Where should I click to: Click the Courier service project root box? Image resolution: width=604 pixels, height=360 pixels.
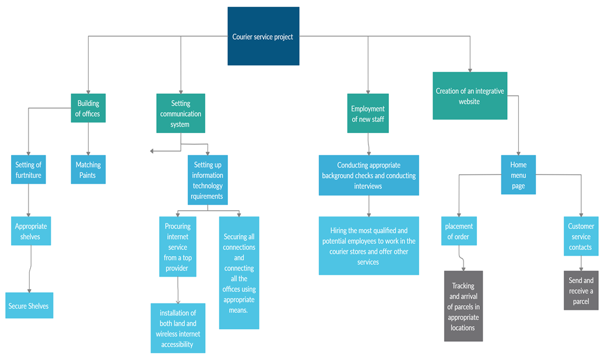[x=263, y=36]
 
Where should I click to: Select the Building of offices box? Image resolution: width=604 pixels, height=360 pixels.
[x=88, y=109]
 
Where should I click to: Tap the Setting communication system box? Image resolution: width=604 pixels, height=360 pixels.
[x=181, y=114]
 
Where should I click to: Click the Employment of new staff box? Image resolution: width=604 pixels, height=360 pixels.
[x=368, y=113]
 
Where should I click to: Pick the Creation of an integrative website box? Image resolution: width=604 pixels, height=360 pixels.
[x=469, y=96]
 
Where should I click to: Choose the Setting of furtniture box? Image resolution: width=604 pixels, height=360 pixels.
[x=29, y=170]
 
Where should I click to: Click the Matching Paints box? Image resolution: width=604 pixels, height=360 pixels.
[x=88, y=170]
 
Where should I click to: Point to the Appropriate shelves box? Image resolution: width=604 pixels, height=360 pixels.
[x=31, y=231]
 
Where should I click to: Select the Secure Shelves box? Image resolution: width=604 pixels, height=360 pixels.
[x=29, y=305]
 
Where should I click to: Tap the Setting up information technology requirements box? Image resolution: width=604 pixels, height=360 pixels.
[x=208, y=180]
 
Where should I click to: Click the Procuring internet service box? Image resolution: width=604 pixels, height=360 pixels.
[x=177, y=247]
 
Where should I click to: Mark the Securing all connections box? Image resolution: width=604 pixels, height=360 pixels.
[x=239, y=272]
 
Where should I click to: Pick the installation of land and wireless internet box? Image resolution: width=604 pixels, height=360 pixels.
[x=178, y=328]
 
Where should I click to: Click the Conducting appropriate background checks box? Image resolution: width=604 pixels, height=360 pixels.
[x=368, y=175]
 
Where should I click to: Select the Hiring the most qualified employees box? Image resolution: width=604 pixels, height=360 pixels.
[x=368, y=246]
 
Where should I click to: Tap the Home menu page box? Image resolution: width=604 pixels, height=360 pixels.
[x=518, y=175]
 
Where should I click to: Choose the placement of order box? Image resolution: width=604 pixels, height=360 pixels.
[x=459, y=231]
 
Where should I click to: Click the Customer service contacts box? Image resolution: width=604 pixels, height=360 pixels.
[x=581, y=236]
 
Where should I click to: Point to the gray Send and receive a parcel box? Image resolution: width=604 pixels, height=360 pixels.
[x=581, y=290]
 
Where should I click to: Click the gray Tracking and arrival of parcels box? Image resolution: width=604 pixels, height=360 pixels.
[x=463, y=306]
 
